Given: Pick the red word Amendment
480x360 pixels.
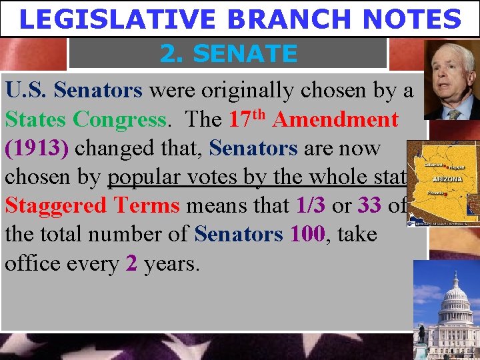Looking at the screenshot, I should [x=335, y=119].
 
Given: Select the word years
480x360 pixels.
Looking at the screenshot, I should [x=170, y=265].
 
